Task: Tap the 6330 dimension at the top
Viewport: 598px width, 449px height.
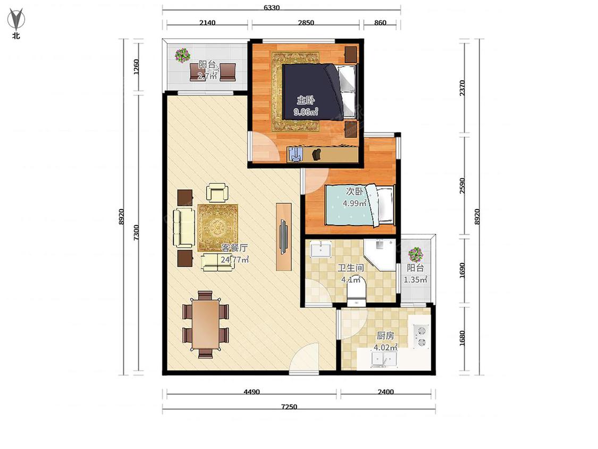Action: [x=272, y=7]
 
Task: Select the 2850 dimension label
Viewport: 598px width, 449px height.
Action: [x=306, y=22]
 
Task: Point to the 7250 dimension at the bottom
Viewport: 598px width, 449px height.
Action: [x=289, y=406]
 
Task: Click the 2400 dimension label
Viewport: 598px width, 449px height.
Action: [x=385, y=392]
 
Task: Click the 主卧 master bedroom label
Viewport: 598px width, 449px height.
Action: [x=306, y=101]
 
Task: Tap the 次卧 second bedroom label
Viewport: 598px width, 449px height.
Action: [x=355, y=191]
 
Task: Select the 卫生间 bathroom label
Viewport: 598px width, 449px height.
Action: [x=351, y=268]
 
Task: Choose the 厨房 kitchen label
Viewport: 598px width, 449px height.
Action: [x=385, y=335]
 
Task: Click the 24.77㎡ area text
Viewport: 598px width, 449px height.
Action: [x=234, y=260]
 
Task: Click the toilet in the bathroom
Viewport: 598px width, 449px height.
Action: [x=357, y=291]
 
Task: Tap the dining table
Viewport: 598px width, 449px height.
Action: [x=206, y=324]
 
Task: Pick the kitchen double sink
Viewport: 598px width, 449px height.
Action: [x=384, y=360]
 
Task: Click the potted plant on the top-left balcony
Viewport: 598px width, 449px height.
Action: [x=182, y=55]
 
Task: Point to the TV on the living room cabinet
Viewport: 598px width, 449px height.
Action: [x=284, y=236]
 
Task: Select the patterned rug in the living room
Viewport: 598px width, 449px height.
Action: [x=218, y=228]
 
